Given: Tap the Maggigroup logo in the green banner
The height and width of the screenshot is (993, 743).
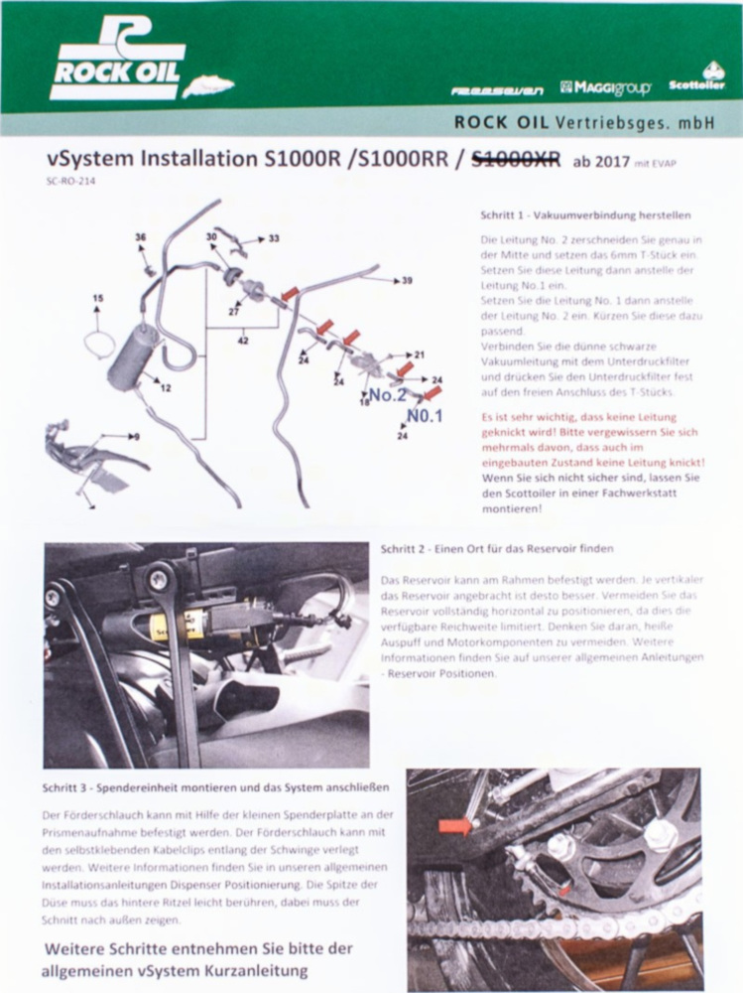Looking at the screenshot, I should [605, 88].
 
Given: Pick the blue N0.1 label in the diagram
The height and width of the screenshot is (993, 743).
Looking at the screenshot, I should [423, 415].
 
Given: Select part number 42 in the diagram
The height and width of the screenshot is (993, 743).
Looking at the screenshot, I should [243, 341].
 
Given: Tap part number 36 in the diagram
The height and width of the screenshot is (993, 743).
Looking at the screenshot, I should [140, 237].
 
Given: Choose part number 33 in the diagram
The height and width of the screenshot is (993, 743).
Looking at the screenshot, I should [274, 238].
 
